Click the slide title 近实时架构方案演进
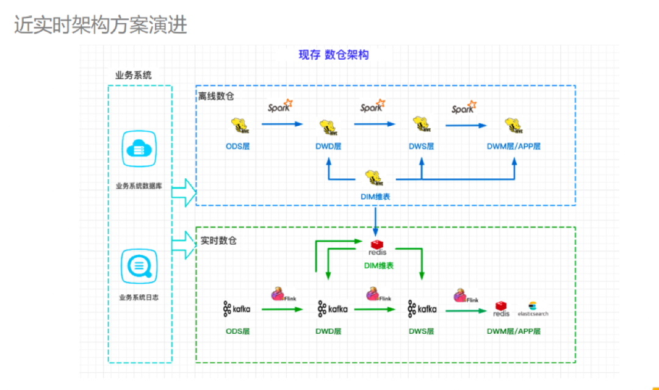[101, 25]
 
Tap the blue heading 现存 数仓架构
[333, 55]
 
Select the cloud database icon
[140, 148]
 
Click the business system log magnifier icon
[140, 265]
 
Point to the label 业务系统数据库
[140, 186]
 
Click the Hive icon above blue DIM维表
[375, 178]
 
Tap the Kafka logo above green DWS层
[422, 309]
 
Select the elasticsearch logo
[533, 309]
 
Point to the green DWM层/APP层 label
[513, 331]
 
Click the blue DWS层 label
[421, 146]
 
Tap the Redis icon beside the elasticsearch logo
[502, 308]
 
